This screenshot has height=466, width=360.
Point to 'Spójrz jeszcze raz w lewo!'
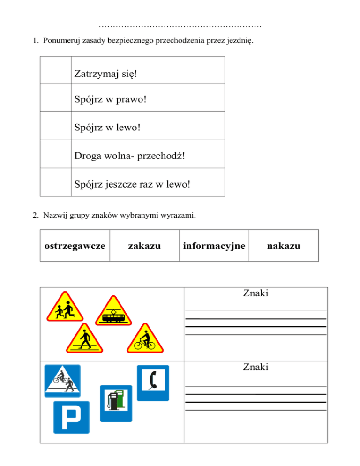pyautogui.click(x=132, y=184)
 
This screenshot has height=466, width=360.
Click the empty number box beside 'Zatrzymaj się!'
pyautogui.click(x=55, y=70)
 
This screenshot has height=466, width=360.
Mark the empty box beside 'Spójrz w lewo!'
pyautogui.click(x=55, y=126)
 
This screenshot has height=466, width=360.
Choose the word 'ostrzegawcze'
pyautogui.click(x=75, y=245)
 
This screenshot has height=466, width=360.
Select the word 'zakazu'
pyautogui.click(x=144, y=245)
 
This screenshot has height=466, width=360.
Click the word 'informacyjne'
pyautogui.click(x=214, y=245)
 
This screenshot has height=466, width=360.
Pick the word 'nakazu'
pyautogui.click(x=284, y=245)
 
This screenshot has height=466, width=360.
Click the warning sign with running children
pyautogui.click(x=64, y=308)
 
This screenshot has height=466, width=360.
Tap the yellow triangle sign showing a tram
pyautogui.click(x=115, y=312)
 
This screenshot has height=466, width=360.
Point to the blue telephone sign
pyautogui.click(x=152, y=383)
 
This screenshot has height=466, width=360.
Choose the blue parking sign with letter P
pyautogui.click(x=71, y=417)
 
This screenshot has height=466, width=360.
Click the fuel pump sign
pyautogui.click(x=114, y=398)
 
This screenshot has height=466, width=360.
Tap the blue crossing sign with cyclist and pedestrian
pyautogui.click(x=62, y=380)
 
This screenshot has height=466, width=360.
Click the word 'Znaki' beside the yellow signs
pyautogui.click(x=255, y=294)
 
